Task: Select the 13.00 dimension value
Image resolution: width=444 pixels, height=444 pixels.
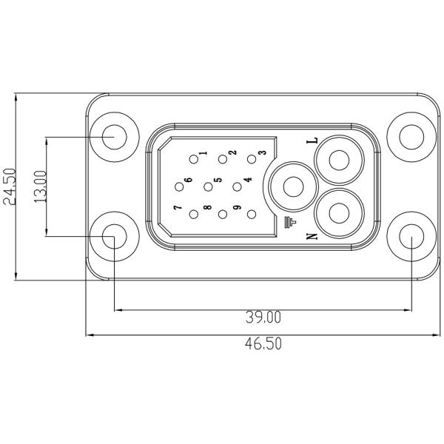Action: point(41,186)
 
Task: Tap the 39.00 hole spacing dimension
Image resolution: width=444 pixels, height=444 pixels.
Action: point(263,317)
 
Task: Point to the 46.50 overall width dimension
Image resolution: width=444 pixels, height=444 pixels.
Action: point(263,344)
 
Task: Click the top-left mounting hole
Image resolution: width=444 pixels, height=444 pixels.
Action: point(114,137)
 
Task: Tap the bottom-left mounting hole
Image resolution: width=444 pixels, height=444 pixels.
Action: point(114,237)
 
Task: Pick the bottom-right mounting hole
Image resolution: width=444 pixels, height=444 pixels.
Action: point(411,237)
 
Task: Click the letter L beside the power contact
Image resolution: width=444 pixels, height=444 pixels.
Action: point(312,140)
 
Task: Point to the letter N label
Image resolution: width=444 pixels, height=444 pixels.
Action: point(312,236)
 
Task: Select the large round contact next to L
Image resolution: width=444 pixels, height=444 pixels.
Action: point(339,161)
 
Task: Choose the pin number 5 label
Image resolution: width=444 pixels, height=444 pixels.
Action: point(218,180)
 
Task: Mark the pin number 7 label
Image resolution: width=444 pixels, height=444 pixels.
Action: point(176,209)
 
